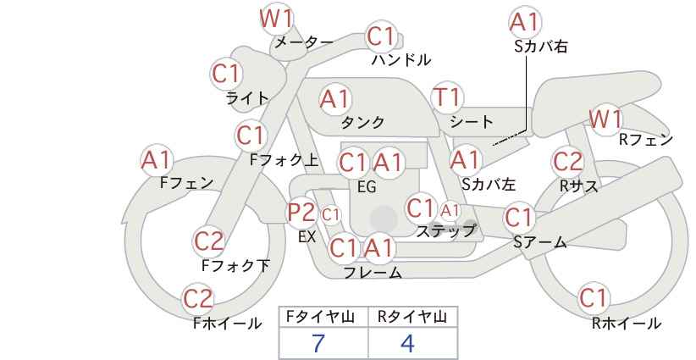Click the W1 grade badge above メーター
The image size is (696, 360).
(277, 20)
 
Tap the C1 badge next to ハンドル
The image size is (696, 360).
(381, 36)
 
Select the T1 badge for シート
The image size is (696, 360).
(447, 98)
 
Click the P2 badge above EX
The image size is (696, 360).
(301, 213)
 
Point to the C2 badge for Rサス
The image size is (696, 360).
(567, 162)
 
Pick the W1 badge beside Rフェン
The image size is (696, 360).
(606, 119)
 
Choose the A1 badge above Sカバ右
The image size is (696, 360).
(525, 22)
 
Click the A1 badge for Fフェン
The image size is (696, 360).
(156, 161)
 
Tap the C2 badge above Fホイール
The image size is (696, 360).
(198, 299)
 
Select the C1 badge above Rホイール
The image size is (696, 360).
(594, 298)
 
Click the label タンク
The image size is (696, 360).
(362, 123)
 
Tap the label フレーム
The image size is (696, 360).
(373, 273)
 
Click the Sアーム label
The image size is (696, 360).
(540, 242)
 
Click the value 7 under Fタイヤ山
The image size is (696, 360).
(318, 343)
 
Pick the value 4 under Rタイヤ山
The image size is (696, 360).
(407, 343)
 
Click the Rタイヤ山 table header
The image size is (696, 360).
(412, 317)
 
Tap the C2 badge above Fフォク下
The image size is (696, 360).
(209, 242)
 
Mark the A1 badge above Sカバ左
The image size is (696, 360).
(466, 161)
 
